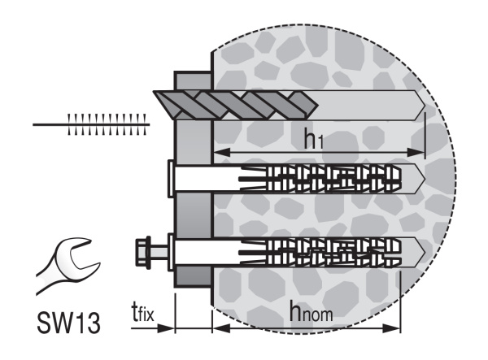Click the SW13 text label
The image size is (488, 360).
[x=69, y=323]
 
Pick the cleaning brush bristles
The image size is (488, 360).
[x=107, y=124]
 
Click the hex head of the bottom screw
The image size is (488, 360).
[x=143, y=251]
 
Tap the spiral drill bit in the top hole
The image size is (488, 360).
[x=236, y=105]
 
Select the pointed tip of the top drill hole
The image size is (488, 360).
[x=425, y=106]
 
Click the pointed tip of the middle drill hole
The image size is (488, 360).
[x=425, y=179]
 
